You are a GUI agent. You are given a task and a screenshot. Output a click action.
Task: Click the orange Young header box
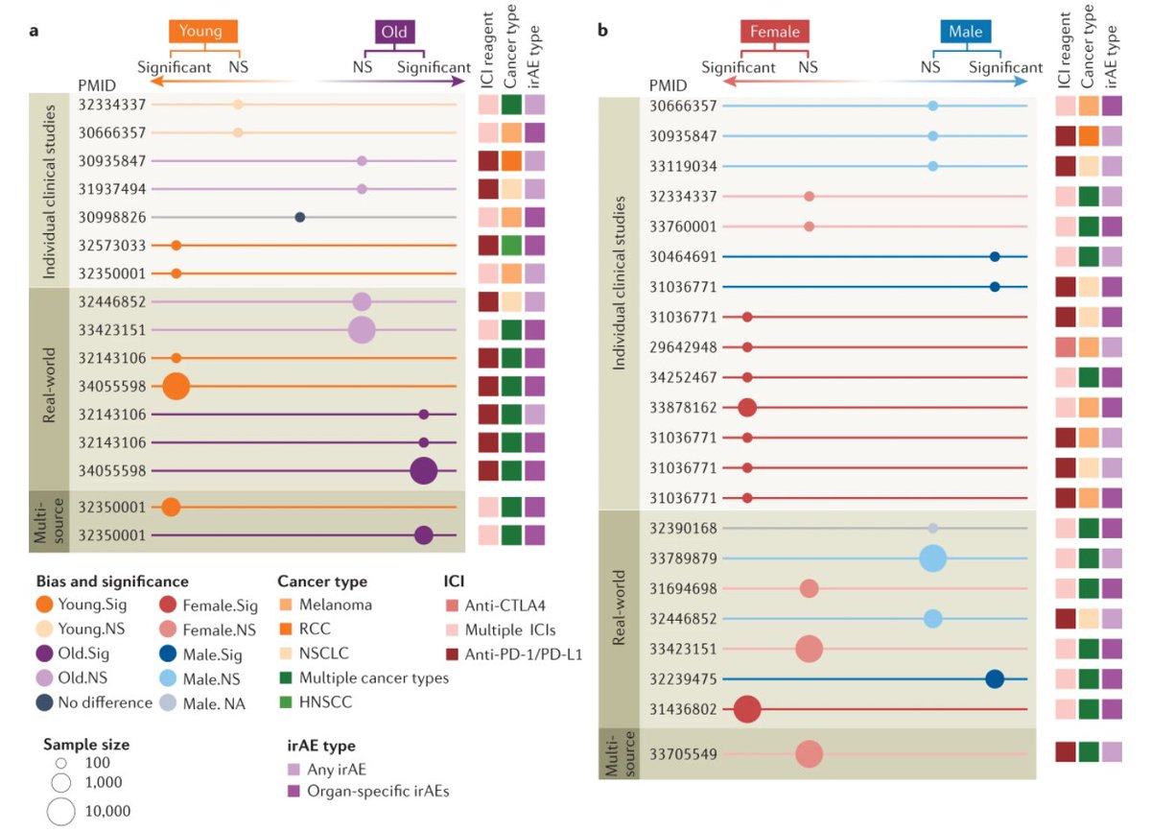click(203, 32)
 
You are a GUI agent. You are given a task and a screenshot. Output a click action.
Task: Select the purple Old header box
click(393, 32)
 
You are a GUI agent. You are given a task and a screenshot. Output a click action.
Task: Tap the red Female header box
click(774, 32)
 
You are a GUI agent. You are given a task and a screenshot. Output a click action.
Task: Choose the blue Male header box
click(965, 32)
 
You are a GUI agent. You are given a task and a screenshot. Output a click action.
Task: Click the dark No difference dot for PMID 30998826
click(300, 217)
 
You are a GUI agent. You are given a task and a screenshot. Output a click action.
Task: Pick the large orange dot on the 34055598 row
click(176, 387)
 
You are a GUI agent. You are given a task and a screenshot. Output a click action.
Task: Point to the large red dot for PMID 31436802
click(747, 710)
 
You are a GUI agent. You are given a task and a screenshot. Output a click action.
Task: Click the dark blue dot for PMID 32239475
click(995, 679)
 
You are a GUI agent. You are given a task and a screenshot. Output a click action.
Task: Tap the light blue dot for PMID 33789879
click(932, 558)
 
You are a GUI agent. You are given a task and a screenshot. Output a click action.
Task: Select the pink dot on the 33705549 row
click(809, 754)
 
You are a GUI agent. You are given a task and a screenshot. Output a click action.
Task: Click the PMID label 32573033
click(111, 246)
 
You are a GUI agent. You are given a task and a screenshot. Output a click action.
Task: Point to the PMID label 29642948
click(683, 347)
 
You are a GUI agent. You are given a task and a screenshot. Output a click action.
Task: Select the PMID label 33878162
click(683, 408)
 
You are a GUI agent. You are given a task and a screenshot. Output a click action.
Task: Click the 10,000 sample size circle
click(61, 811)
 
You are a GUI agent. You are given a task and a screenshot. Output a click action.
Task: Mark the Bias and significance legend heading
click(111, 582)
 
